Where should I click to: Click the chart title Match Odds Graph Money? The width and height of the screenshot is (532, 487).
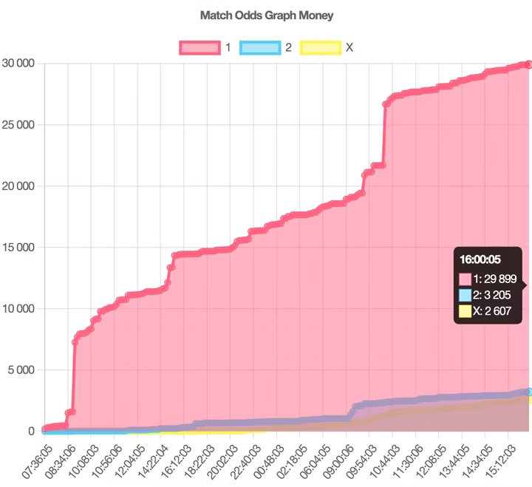click(x=267, y=15)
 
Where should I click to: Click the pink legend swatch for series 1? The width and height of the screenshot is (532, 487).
click(x=199, y=47)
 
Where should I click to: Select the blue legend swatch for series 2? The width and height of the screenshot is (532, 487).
click(x=260, y=47)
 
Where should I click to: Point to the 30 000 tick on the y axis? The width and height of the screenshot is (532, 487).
click(x=18, y=64)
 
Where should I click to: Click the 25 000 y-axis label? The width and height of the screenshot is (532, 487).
click(x=18, y=125)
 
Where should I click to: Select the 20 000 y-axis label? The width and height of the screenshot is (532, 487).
click(x=18, y=186)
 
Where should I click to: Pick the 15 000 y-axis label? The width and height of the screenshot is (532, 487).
click(x=18, y=248)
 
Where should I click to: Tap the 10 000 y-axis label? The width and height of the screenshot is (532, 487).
click(x=18, y=309)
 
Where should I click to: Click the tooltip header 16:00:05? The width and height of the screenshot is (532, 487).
click(x=480, y=259)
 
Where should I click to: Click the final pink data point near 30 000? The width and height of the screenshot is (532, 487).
click(x=528, y=65)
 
